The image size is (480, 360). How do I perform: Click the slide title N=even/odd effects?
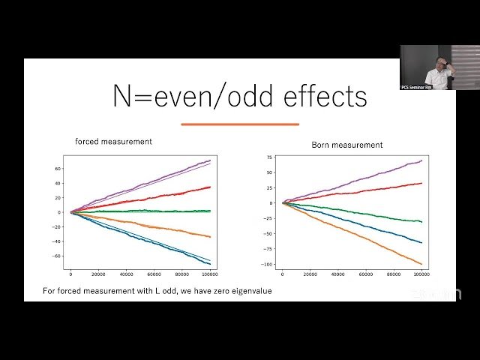(x=240, y=96)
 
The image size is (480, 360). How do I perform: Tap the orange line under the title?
(x=240, y=124)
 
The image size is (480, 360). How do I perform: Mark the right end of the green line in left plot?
(x=211, y=211)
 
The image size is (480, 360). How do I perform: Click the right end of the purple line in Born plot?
(x=422, y=160)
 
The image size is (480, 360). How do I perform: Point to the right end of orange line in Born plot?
(x=422, y=264)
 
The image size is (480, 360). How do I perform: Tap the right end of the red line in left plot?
(x=211, y=187)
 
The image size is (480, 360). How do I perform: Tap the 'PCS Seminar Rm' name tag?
(x=417, y=87)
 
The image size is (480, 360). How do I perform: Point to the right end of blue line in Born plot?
(x=422, y=243)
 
